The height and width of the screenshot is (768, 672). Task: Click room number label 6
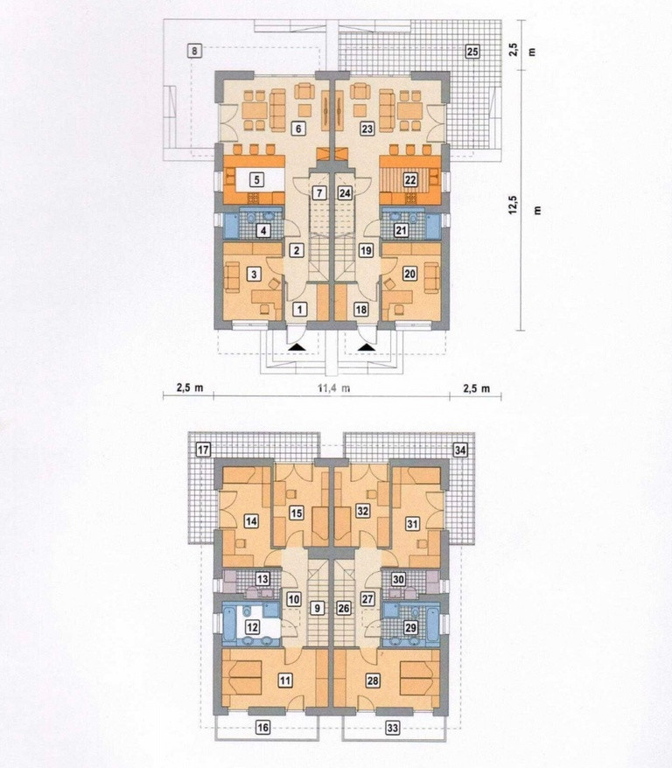[297, 129]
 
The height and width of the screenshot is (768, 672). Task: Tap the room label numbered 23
[367, 129]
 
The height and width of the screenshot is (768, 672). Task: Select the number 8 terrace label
[195, 51]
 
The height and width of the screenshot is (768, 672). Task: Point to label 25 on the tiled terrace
[472, 51]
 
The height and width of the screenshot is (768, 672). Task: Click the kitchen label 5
[256, 180]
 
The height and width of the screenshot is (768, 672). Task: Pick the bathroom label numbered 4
[263, 230]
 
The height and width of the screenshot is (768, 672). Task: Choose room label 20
[409, 274]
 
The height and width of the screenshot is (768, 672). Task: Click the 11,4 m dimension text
[334, 388]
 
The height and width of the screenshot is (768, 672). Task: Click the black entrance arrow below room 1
[297, 346]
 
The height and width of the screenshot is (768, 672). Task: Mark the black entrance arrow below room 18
[367, 346]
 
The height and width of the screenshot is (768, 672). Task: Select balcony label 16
[263, 728]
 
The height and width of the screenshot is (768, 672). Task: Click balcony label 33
[393, 729]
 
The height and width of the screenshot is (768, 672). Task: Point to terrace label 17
[203, 449]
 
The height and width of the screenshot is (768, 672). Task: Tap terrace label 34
[460, 450]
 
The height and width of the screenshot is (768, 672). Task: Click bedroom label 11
[285, 680]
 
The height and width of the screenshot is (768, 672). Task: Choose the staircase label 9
[318, 608]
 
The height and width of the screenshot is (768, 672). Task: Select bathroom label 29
[410, 627]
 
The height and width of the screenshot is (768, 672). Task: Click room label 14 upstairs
[251, 521]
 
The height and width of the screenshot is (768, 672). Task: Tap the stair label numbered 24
[345, 193]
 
